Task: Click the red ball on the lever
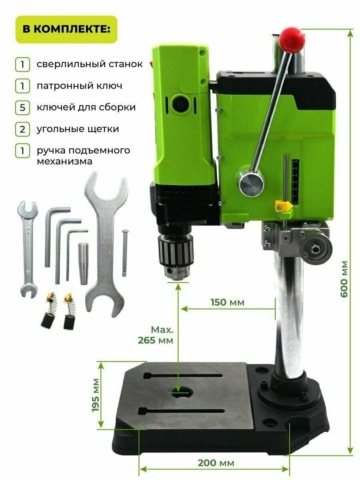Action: coord(292,40)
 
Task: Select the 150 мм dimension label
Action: coord(227,302)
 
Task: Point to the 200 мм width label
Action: coord(216,463)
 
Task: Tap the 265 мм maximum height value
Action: coord(156,340)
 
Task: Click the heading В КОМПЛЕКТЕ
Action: coord(66,29)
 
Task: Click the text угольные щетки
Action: coord(78,129)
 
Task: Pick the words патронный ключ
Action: coord(79,86)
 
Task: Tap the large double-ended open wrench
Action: coord(105,244)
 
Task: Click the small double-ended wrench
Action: coord(28,249)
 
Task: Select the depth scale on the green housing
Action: coord(295,182)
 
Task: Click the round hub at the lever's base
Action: coord(251,181)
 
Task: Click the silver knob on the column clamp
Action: coord(316,249)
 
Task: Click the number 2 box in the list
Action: coord(22,130)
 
